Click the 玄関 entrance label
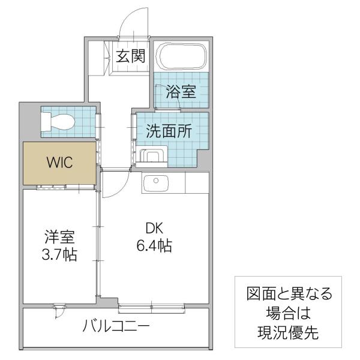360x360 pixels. (x=130, y=56)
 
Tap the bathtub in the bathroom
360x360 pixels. (x=181, y=56)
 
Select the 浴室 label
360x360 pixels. (x=181, y=92)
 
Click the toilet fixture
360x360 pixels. (x=58, y=121)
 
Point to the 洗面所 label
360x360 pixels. (x=169, y=131)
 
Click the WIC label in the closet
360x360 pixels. (x=59, y=163)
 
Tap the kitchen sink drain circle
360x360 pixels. (x=156, y=181)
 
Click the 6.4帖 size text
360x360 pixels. (x=154, y=245)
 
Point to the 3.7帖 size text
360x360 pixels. (x=59, y=254)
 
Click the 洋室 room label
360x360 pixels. (x=59, y=237)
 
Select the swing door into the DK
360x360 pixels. (x=116, y=184)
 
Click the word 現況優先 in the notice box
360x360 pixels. (x=288, y=332)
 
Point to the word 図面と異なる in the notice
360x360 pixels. (x=289, y=293)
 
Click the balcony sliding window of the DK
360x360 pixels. (x=152, y=308)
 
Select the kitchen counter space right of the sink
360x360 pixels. (x=197, y=183)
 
